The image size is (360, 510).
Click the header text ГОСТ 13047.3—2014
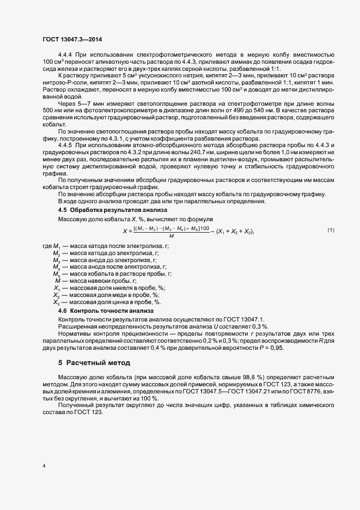coord(71,40)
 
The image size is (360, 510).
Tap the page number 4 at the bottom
coord(44,466)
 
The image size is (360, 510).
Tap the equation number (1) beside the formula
coord(330,231)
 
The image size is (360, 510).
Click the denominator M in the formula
coord(172,236)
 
